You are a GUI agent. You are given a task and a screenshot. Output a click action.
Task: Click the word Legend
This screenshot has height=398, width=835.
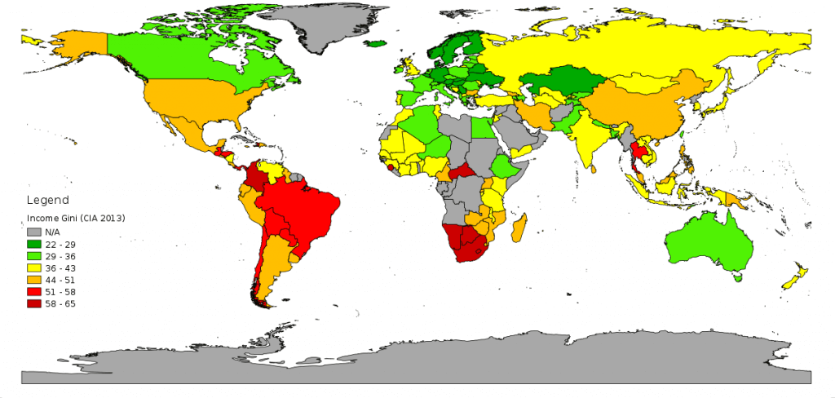coord(48,200)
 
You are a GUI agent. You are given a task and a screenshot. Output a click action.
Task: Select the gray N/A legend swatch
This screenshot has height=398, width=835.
coord(33,232)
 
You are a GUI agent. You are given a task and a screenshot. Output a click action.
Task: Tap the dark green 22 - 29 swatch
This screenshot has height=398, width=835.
coord(33,245)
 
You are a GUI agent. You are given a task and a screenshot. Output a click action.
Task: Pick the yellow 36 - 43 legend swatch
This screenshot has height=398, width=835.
coord(33,268)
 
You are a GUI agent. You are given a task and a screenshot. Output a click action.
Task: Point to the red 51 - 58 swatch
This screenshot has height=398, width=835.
coord(33,292)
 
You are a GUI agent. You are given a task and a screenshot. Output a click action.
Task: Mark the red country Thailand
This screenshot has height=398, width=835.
coord(642,153)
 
